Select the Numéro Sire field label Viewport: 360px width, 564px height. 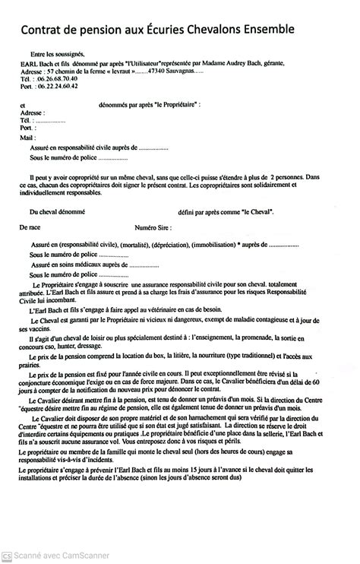[153, 227]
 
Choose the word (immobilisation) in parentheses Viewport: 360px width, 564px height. [220, 245]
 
